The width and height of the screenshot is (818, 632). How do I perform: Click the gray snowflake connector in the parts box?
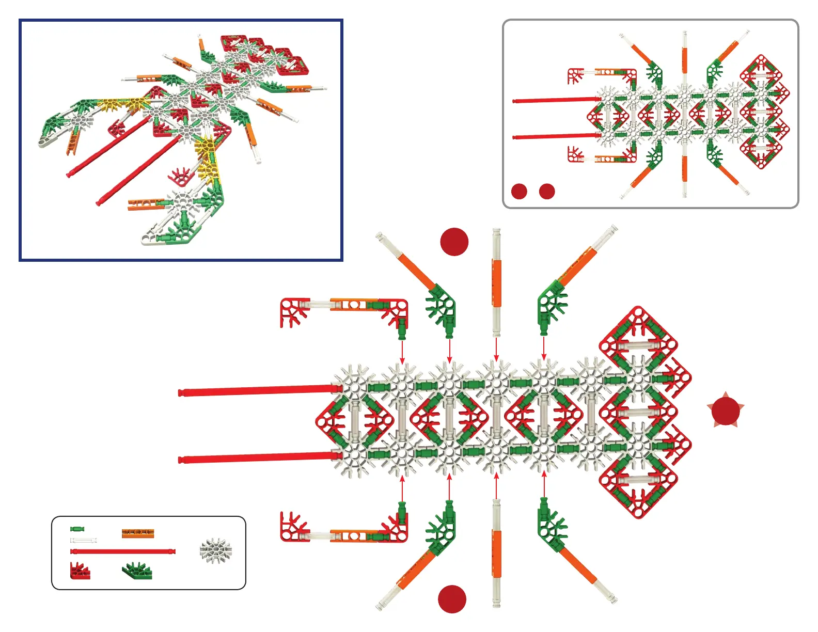(x=216, y=550)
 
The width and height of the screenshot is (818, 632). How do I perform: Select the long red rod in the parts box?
(x=123, y=551)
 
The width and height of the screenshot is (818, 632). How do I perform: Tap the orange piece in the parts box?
(x=138, y=533)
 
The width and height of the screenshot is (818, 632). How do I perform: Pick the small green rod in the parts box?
(x=77, y=529)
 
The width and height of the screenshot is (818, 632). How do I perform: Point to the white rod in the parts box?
(x=83, y=540)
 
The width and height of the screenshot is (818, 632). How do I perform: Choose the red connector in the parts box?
(x=80, y=571)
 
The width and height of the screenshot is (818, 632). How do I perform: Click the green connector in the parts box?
(x=137, y=571)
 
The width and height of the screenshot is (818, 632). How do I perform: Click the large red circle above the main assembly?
(x=454, y=241)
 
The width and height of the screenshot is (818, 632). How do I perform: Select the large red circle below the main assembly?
(x=452, y=599)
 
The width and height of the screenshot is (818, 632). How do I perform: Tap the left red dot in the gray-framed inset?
(x=519, y=191)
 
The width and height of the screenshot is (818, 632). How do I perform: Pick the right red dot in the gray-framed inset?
(x=547, y=191)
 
